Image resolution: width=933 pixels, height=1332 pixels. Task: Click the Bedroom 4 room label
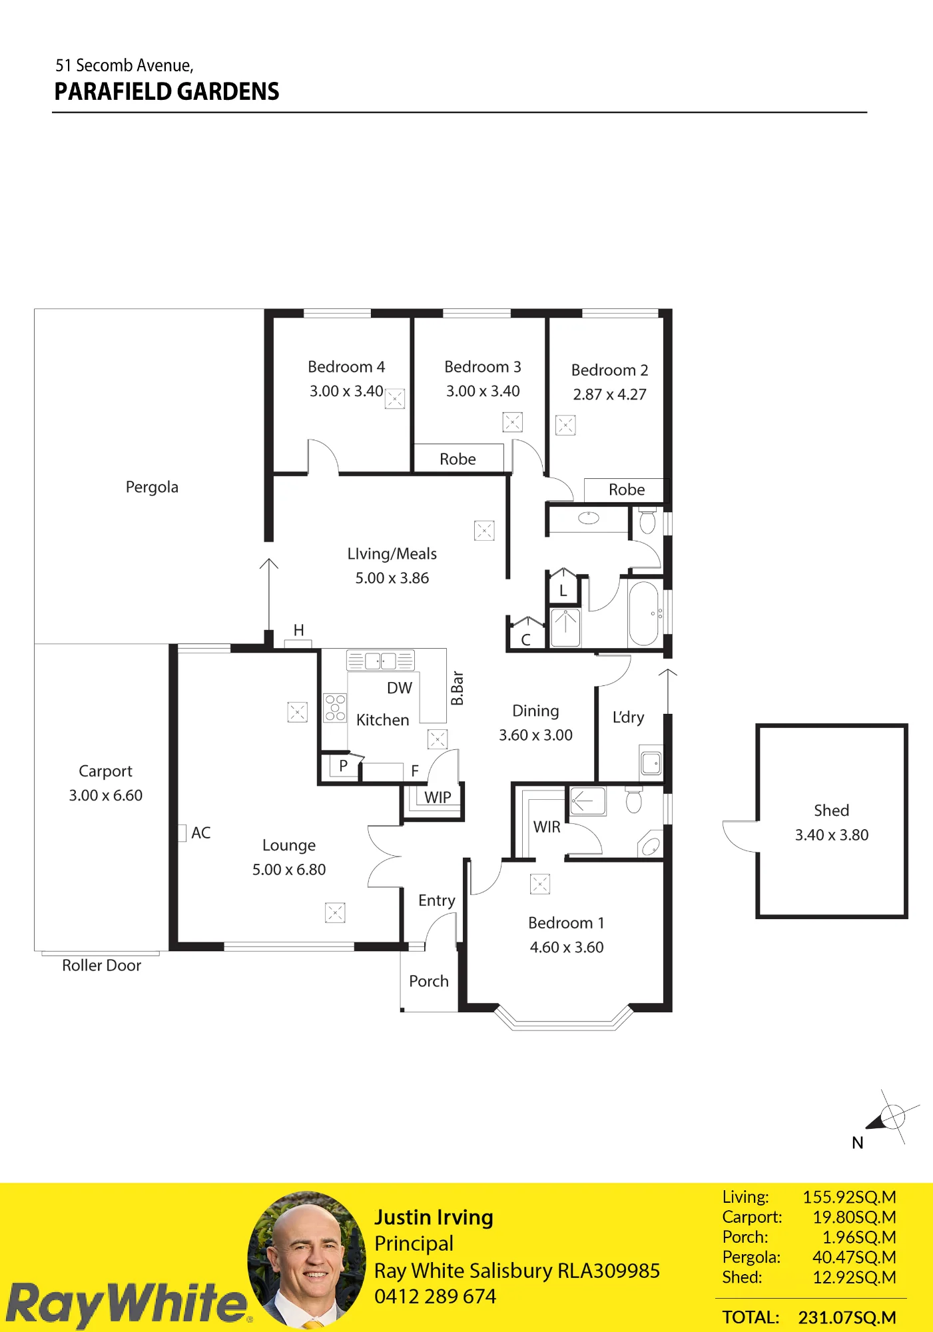(346, 367)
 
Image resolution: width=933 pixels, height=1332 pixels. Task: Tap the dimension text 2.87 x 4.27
(609, 394)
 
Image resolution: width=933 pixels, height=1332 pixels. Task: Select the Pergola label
(152, 488)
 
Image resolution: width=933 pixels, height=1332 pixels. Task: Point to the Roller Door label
(101, 966)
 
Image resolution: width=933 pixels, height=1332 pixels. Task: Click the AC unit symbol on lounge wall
(182, 833)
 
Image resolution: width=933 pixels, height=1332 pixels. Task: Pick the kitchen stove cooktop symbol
(335, 707)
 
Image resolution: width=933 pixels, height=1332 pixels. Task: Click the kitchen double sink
(380, 661)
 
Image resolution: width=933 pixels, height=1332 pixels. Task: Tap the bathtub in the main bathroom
(644, 613)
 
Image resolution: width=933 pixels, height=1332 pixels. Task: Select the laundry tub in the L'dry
(651, 762)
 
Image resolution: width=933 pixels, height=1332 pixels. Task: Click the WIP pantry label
(438, 797)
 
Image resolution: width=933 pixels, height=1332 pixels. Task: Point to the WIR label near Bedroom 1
(547, 827)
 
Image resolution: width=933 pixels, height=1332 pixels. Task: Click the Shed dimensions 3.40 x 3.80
(832, 835)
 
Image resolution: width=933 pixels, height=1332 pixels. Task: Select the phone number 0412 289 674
(435, 1297)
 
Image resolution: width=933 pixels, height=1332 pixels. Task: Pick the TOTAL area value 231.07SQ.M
(847, 1317)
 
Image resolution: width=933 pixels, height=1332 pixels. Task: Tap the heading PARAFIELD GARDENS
(166, 91)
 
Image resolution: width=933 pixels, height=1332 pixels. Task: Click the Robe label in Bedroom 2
(627, 490)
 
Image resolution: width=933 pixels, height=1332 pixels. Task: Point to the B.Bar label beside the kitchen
(457, 689)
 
